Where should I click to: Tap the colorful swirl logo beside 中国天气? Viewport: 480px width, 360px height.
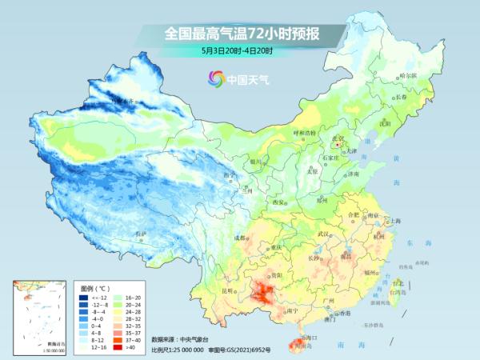[x=215, y=78]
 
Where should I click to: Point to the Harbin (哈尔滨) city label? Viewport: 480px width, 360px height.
[x=407, y=74]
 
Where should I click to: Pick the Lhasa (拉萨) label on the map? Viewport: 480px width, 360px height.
[x=141, y=233]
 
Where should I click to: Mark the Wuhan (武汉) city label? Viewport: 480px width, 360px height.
[x=324, y=233]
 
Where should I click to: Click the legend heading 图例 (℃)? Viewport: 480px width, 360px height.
[x=94, y=286]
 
